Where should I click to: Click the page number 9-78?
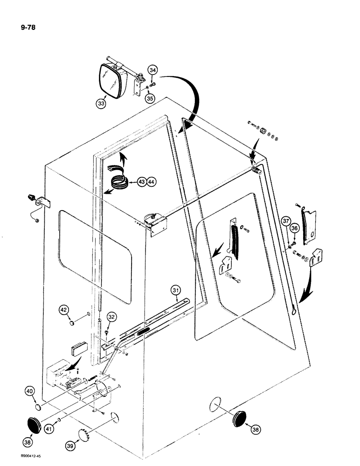pos(22,27)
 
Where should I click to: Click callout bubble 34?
pos(152,70)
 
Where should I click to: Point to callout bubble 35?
pos(149,98)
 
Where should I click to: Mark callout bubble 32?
pos(111,317)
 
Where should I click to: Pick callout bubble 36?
pos(293,228)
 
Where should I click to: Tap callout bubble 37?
pos(285,220)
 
